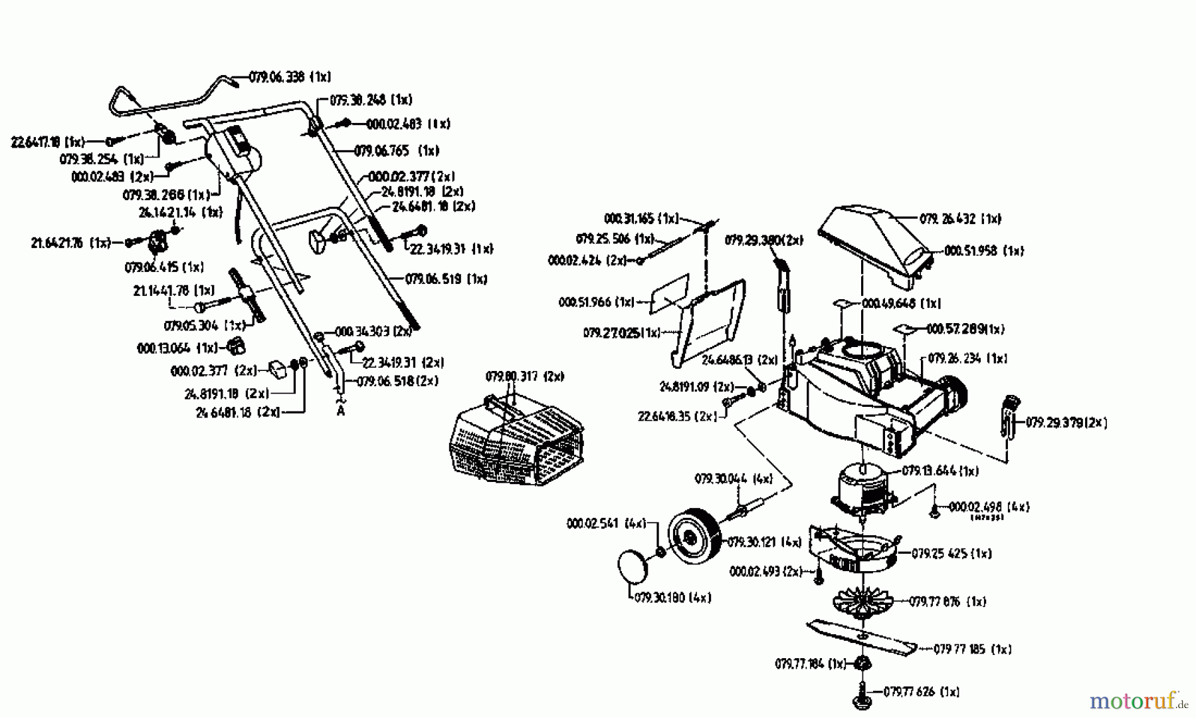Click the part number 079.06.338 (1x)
click(x=290, y=77)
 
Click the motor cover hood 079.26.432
click(x=877, y=246)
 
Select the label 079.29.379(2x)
click(x=1066, y=422)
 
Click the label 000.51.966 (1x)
click(x=597, y=302)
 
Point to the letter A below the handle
click(x=341, y=411)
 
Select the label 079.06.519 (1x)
click(x=446, y=279)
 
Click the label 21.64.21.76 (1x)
click(x=70, y=243)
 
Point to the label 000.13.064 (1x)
click(x=177, y=348)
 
